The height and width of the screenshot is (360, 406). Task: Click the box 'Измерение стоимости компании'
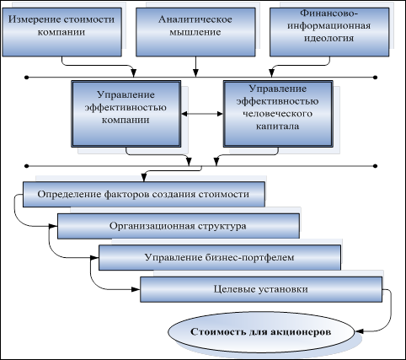(61, 32)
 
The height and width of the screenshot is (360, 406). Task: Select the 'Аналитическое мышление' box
(195, 32)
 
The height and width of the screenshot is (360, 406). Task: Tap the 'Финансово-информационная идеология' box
(329, 32)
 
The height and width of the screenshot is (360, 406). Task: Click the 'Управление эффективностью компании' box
(126, 114)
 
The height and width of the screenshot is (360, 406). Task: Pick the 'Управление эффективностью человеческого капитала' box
(278, 114)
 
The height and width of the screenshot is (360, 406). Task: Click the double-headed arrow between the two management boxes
(202, 114)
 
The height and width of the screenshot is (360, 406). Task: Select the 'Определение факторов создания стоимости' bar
(144, 194)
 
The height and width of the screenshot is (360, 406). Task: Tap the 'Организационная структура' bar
(179, 226)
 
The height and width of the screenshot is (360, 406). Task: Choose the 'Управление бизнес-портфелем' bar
(220, 257)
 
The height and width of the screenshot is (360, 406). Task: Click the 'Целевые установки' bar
(261, 289)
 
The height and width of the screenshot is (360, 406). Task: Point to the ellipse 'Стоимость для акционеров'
(261, 331)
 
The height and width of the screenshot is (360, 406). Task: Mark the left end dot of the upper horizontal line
(27, 78)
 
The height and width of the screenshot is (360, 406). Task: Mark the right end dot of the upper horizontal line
(376, 78)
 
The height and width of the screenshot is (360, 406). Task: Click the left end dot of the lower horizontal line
(27, 166)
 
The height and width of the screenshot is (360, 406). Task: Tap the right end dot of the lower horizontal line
(376, 166)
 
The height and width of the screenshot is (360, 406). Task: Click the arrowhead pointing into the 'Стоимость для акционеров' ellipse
(359, 331)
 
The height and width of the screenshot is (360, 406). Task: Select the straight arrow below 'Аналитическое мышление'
(195, 67)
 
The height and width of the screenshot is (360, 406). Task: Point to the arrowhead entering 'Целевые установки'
(136, 289)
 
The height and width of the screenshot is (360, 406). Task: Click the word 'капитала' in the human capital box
(278, 126)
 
